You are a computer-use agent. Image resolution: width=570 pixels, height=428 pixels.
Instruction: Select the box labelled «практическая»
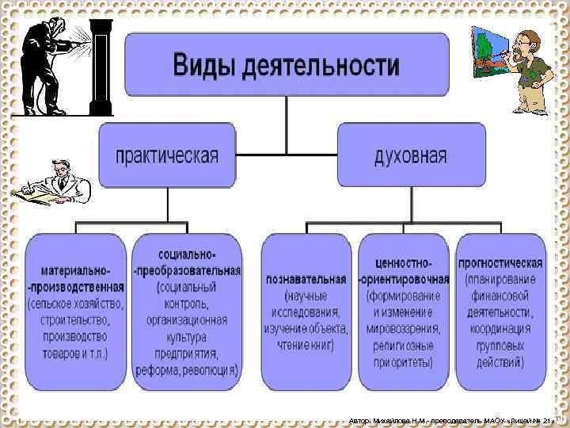(167, 154)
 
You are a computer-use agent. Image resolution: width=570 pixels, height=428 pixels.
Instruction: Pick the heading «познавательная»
(306, 279)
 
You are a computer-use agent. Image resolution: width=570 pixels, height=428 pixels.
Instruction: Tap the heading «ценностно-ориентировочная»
(405, 271)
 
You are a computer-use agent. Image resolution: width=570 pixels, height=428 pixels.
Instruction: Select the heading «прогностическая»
(500, 262)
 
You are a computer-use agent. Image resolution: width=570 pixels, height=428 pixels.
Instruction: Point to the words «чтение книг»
(306, 345)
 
